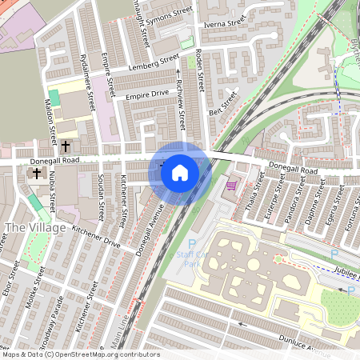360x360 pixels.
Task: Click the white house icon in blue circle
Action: [x=180, y=171]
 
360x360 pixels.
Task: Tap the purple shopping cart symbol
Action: [x=231, y=185]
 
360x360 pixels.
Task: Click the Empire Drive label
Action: [x=147, y=95]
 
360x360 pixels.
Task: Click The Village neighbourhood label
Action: [x=29, y=228]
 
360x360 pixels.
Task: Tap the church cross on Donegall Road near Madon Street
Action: [x=66, y=146]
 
